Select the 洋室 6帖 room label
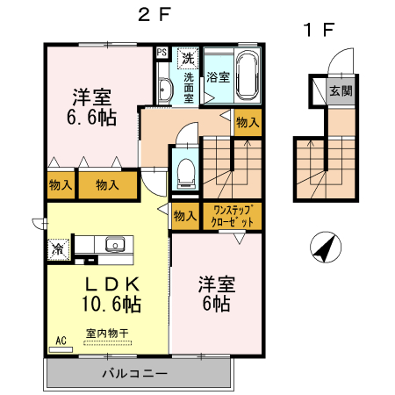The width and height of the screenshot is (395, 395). coord(213,293)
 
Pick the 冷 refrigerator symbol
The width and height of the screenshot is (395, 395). coord(57,248)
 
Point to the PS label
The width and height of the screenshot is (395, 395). coord(162,52)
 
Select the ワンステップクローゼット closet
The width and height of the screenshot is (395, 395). coord(233,216)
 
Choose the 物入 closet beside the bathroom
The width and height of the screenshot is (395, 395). coord(247,124)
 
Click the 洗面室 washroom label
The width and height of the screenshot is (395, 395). coord(188,86)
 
